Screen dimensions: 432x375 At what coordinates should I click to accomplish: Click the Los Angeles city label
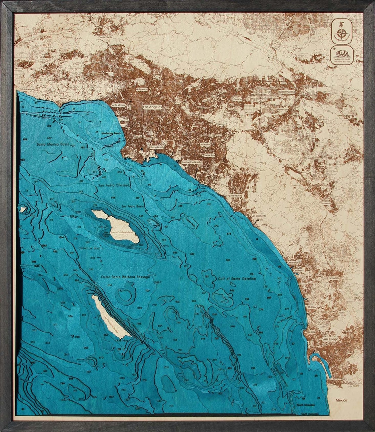pyautogui.click(x=152, y=107)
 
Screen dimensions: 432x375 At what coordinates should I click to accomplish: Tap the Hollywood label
pyautogui.click(x=142, y=89)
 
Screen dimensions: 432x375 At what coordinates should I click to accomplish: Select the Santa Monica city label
pyautogui.click(x=118, y=105)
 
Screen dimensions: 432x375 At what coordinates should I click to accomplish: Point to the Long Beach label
pyautogui.click(x=157, y=147)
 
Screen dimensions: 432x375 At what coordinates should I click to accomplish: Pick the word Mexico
pyautogui.click(x=341, y=400)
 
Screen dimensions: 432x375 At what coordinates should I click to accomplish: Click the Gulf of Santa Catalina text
pyautogui.click(x=237, y=279)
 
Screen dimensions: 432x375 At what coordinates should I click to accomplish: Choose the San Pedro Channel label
pyautogui.click(x=114, y=185)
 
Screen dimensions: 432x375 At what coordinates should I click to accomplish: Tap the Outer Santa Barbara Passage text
pyautogui.click(x=125, y=277)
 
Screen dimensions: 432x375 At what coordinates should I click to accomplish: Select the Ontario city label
pyautogui.click(x=237, y=99)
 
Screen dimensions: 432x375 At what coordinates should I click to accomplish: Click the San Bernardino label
pyautogui.click(x=287, y=92)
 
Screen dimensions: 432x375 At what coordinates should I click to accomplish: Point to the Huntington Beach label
pyautogui.click(x=191, y=162)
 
